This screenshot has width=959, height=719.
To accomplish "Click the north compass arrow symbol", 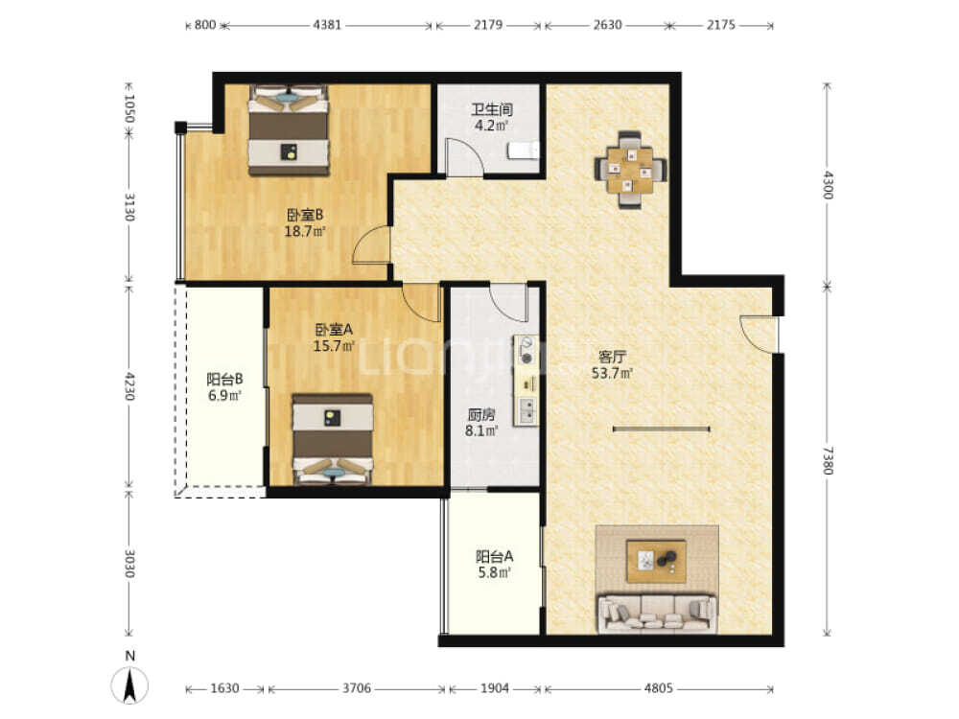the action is (129, 684).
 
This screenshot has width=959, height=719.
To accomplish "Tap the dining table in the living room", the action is (630, 170).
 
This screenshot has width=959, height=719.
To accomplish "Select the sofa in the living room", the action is (657, 614).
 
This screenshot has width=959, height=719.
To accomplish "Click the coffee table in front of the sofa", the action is (656, 561).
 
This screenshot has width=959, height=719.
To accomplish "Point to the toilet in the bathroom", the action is (525, 150).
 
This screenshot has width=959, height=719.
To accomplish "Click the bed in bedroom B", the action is (289, 130).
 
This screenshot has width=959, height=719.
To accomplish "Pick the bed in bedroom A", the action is (333, 439).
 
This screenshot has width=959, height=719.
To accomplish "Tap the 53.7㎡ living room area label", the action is (612, 373).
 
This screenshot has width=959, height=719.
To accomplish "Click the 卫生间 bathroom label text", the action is (492, 110).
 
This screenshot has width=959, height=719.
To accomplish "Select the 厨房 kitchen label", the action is (481, 414).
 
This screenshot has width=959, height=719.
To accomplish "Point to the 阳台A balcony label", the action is (494, 556).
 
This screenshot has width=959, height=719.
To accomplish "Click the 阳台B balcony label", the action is (224, 379).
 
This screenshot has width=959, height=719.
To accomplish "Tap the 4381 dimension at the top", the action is (327, 25).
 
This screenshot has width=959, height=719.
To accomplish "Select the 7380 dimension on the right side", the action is (827, 460).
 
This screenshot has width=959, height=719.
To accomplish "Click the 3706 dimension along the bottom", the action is (357, 688).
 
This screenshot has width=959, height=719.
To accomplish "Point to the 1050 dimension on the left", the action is (129, 108).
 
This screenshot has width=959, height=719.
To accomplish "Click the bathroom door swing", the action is (464, 157).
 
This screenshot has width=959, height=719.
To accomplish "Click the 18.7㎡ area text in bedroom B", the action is (305, 232).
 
